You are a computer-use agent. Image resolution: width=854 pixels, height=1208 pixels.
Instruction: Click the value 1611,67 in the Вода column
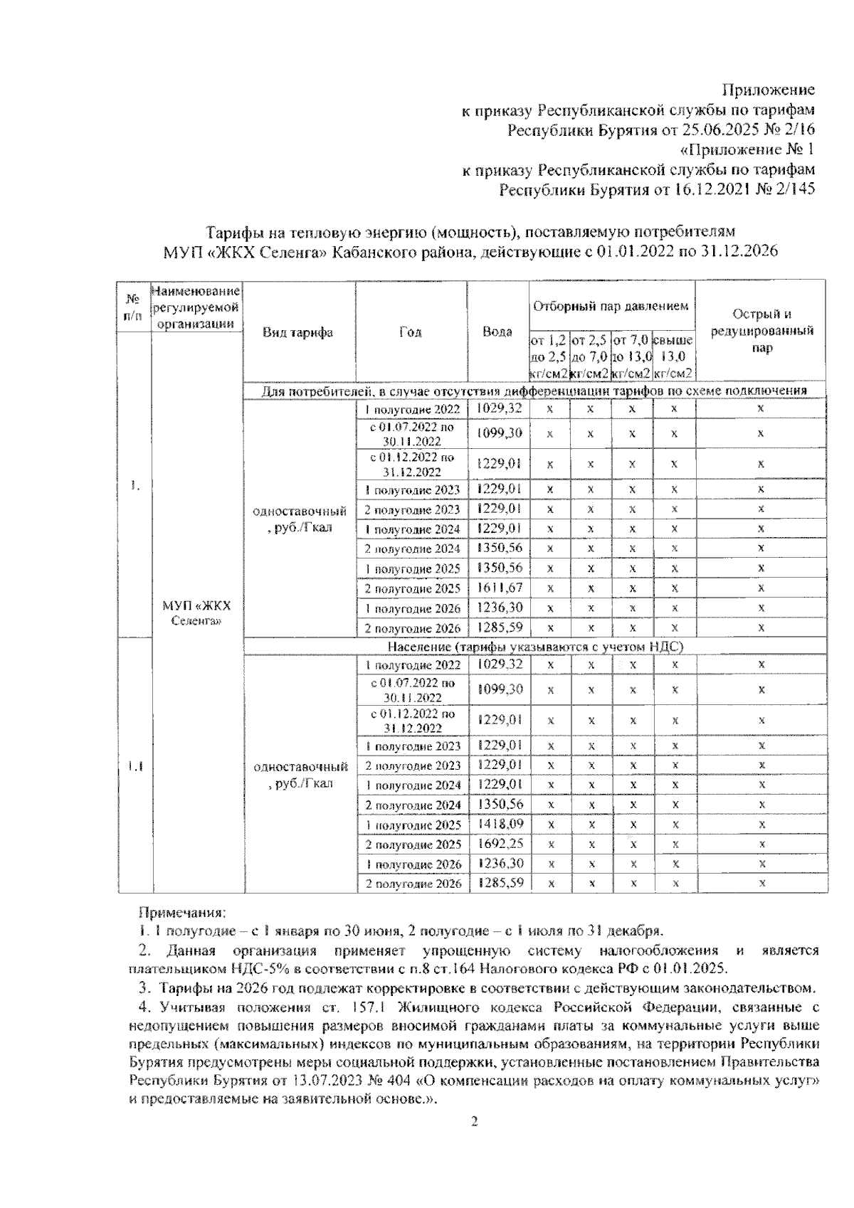[x=498, y=588]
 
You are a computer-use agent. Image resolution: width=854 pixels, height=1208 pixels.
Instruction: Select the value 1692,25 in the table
[x=498, y=844]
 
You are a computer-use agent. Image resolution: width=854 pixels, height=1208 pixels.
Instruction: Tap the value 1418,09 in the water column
[x=498, y=825]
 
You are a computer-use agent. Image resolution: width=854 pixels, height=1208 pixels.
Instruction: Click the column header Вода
[x=497, y=332]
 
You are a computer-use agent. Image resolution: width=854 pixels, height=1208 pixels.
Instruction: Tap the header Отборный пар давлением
[x=611, y=307]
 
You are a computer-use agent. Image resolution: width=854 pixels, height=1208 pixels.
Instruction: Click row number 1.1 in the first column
[x=135, y=766]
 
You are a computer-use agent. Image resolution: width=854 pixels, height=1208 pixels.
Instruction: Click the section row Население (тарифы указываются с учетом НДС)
[x=535, y=647]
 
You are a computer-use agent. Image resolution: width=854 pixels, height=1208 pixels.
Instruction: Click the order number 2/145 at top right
[x=791, y=189]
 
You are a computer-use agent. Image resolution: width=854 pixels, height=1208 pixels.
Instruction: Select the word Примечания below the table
[x=181, y=912]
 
